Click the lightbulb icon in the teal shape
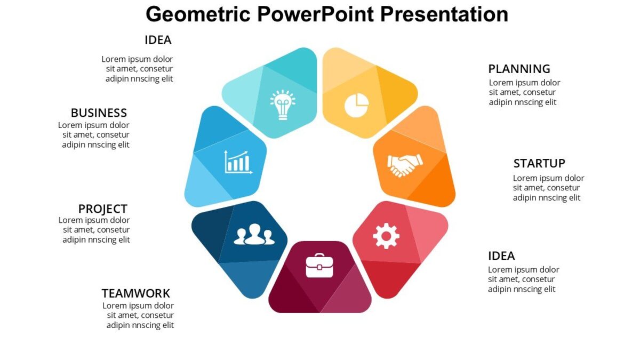282,105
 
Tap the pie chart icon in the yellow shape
356,105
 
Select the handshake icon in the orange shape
405,165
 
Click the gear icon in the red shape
386,235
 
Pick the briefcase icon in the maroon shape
319,266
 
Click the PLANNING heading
519,69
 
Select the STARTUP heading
539,163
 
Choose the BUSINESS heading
99,113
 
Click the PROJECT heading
103,209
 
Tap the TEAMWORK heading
136,293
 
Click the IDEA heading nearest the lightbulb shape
158,40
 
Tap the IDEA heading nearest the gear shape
501,256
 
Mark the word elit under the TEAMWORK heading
166,325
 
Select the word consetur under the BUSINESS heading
113,135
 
